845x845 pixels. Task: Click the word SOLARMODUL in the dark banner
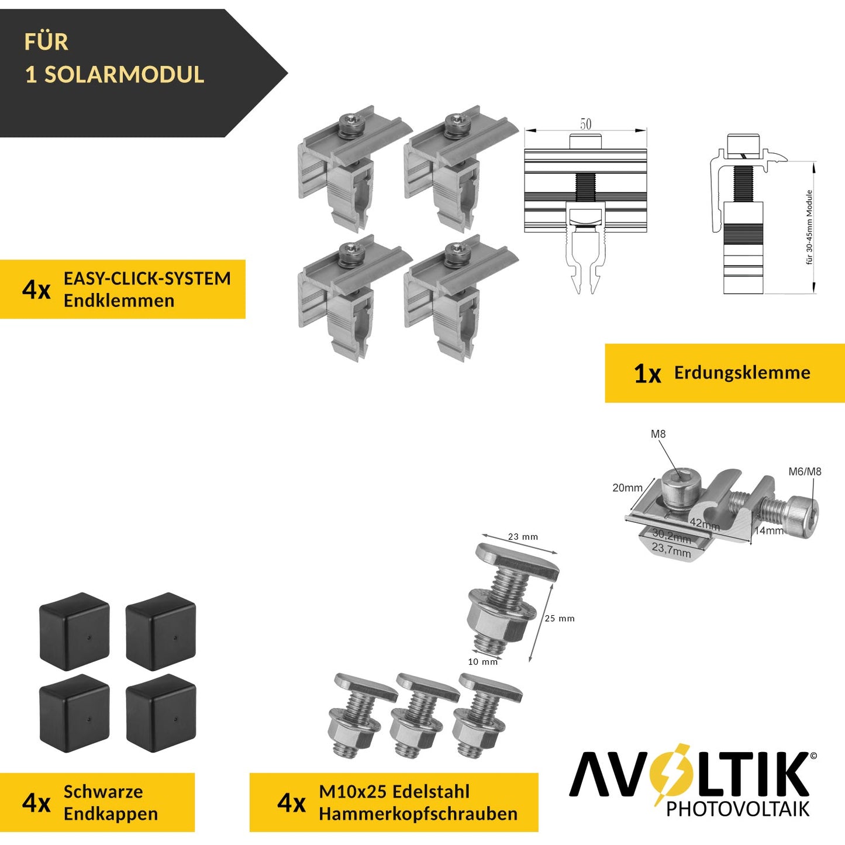(124, 75)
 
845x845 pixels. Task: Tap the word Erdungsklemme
(742, 373)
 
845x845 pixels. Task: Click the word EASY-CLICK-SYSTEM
(147, 278)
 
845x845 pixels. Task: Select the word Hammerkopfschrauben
(418, 813)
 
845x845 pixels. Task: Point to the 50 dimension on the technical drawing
(585, 124)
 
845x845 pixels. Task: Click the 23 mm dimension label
(523, 537)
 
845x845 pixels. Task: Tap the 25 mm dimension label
(560, 618)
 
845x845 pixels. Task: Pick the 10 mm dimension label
(482, 661)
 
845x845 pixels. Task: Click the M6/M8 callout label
(805, 471)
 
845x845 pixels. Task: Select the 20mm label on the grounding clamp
(627, 488)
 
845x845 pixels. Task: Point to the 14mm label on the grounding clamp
(768, 530)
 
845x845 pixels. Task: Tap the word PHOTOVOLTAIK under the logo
(737, 809)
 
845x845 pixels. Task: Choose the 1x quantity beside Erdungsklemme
(647, 374)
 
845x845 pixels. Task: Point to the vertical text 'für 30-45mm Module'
(809, 227)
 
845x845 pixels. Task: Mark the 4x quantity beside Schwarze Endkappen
(36, 803)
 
